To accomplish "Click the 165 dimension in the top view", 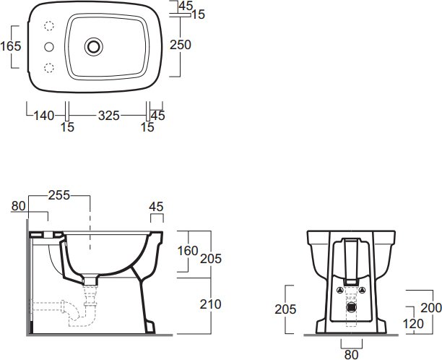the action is pyautogui.click(x=11, y=46).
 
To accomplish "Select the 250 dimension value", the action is pyautogui.click(x=181, y=45).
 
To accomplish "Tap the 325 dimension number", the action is pyautogui.click(x=109, y=116).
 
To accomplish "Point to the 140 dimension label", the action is pyautogui.click(x=43, y=116).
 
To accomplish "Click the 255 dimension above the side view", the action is pyautogui.click(x=59, y=195).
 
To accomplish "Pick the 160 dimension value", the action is pyautogui.click(x=188, y=251).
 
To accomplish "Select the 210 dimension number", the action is pyautogui.click(x=211, y=304).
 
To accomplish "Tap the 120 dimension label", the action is pyautogui.click(x=413, y=324).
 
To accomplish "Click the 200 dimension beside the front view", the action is pyautogui.click(x=431, y=308).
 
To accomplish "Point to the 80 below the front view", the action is pyautogui.click(x=351, y=355).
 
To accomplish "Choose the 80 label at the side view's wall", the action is pyautogui.click(x=18, y=206).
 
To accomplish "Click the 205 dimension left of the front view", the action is pyautogui.click(x=285, y=309).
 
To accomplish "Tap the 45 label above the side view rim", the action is pyautogui.click(x=157, y=207).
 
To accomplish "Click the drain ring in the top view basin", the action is pyautogui.click(x=94, y=46).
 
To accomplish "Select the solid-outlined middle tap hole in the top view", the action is pyautogui.click(x=49, y=47).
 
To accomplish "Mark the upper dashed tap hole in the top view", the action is pyautogui.click(x=49, y=26).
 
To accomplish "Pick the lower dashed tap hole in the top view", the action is pyautogui.click(x=49, y=68).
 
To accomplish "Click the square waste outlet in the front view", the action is pyautogui.click(x=351, y=307).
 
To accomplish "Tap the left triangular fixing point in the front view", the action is pyautogui.click(x=340, y=290).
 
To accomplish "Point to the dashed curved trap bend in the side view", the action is pyautogui.click(x=74, y=314).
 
